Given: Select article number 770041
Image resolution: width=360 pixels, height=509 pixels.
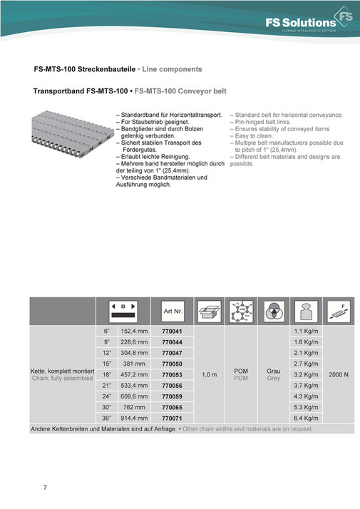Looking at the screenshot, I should click(173, 331).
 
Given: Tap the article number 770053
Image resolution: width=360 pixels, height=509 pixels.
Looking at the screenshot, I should click(173, 374).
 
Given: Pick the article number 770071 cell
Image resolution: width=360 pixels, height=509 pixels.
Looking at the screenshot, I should click(173, 417).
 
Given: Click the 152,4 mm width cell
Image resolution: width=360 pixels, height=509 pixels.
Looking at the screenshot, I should click(134, 331).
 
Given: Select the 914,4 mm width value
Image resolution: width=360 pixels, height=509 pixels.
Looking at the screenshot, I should click(134, 417).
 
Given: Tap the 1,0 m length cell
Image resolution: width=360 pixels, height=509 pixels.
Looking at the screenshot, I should click(210, 374).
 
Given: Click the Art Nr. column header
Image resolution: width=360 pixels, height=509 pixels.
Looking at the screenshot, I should click(173, 311).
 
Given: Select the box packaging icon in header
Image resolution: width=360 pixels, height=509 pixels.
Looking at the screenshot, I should click(210, 311).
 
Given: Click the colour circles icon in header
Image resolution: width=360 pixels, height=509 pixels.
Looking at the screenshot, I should click(273, 311).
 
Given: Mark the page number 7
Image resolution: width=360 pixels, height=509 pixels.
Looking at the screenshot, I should click(45, 487).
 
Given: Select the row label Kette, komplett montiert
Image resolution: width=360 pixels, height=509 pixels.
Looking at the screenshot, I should click(63, 371).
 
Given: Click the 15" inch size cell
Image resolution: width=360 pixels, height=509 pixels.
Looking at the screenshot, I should click(108, 364).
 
